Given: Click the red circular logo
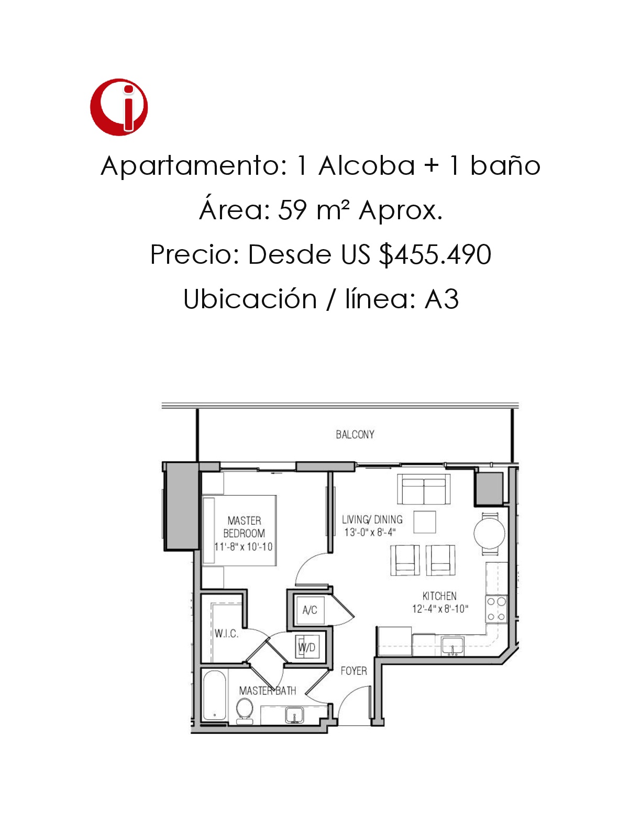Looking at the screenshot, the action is tap(119, 107).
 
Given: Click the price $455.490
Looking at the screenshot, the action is tap(435, 254).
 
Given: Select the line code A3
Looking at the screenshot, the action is tap(441, 299).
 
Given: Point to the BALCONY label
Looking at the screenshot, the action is tap(355, 434).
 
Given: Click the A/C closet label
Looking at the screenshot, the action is tap(310, 610).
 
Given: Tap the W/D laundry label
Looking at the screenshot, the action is tap(307, 647).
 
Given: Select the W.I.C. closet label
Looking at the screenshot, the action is tap(226, 634).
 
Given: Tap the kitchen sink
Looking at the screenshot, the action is tap(452, 646).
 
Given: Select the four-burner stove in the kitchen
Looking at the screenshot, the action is tap(496, 609).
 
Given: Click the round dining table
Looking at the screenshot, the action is tap(490, 533).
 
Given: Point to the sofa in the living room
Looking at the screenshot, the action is tap(424, 489).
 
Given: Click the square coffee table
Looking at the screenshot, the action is tap(425, 522).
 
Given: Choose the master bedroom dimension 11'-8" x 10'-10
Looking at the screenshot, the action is tap(244, 547).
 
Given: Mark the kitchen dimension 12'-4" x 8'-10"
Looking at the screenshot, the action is tap(440, 609).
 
